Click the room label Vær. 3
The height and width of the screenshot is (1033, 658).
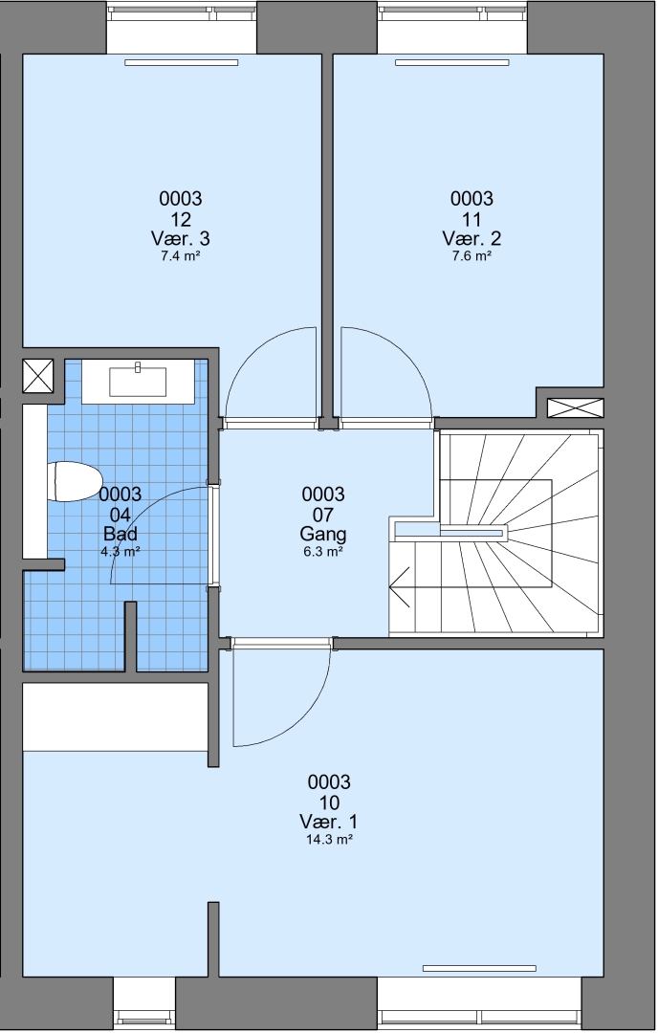point(181,238)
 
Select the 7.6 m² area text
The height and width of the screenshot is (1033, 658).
point(472,256)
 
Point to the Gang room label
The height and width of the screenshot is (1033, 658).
point(322,534)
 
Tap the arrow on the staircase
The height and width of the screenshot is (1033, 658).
point(400,585)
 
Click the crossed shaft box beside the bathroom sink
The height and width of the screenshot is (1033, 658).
point(37,376)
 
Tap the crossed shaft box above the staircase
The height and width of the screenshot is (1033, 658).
point(576,407)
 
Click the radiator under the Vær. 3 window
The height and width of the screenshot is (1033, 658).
point(181,62)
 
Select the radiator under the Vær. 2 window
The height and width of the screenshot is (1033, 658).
point(452,62)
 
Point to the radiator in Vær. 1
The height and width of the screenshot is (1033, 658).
point(479,968)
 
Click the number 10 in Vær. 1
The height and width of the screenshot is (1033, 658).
point(329,802)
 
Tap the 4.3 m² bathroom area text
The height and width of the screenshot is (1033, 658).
point(120,552)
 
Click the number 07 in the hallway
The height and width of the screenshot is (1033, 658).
point(322,514)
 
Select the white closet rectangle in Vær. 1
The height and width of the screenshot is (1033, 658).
point(116,716)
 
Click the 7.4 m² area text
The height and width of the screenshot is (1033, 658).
point(181,256)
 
